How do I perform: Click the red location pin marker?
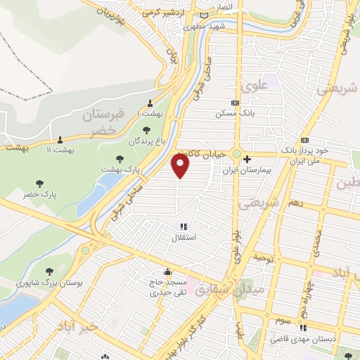click(181, 166)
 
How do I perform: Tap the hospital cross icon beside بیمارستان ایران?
click(247, 159)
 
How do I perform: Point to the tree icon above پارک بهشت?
click(120, 158)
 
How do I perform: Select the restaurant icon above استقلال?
click(184, 226)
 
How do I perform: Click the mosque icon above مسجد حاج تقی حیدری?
click(167, 272)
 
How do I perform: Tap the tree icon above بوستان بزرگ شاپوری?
click(50, 271)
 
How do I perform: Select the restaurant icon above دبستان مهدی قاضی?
click(303, 328)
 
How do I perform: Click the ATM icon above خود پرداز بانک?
click(304, 140)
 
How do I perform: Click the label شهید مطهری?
click(203, 26)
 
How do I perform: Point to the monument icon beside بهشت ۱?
click(150, 103)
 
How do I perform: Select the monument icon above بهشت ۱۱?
click(60, 139)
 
